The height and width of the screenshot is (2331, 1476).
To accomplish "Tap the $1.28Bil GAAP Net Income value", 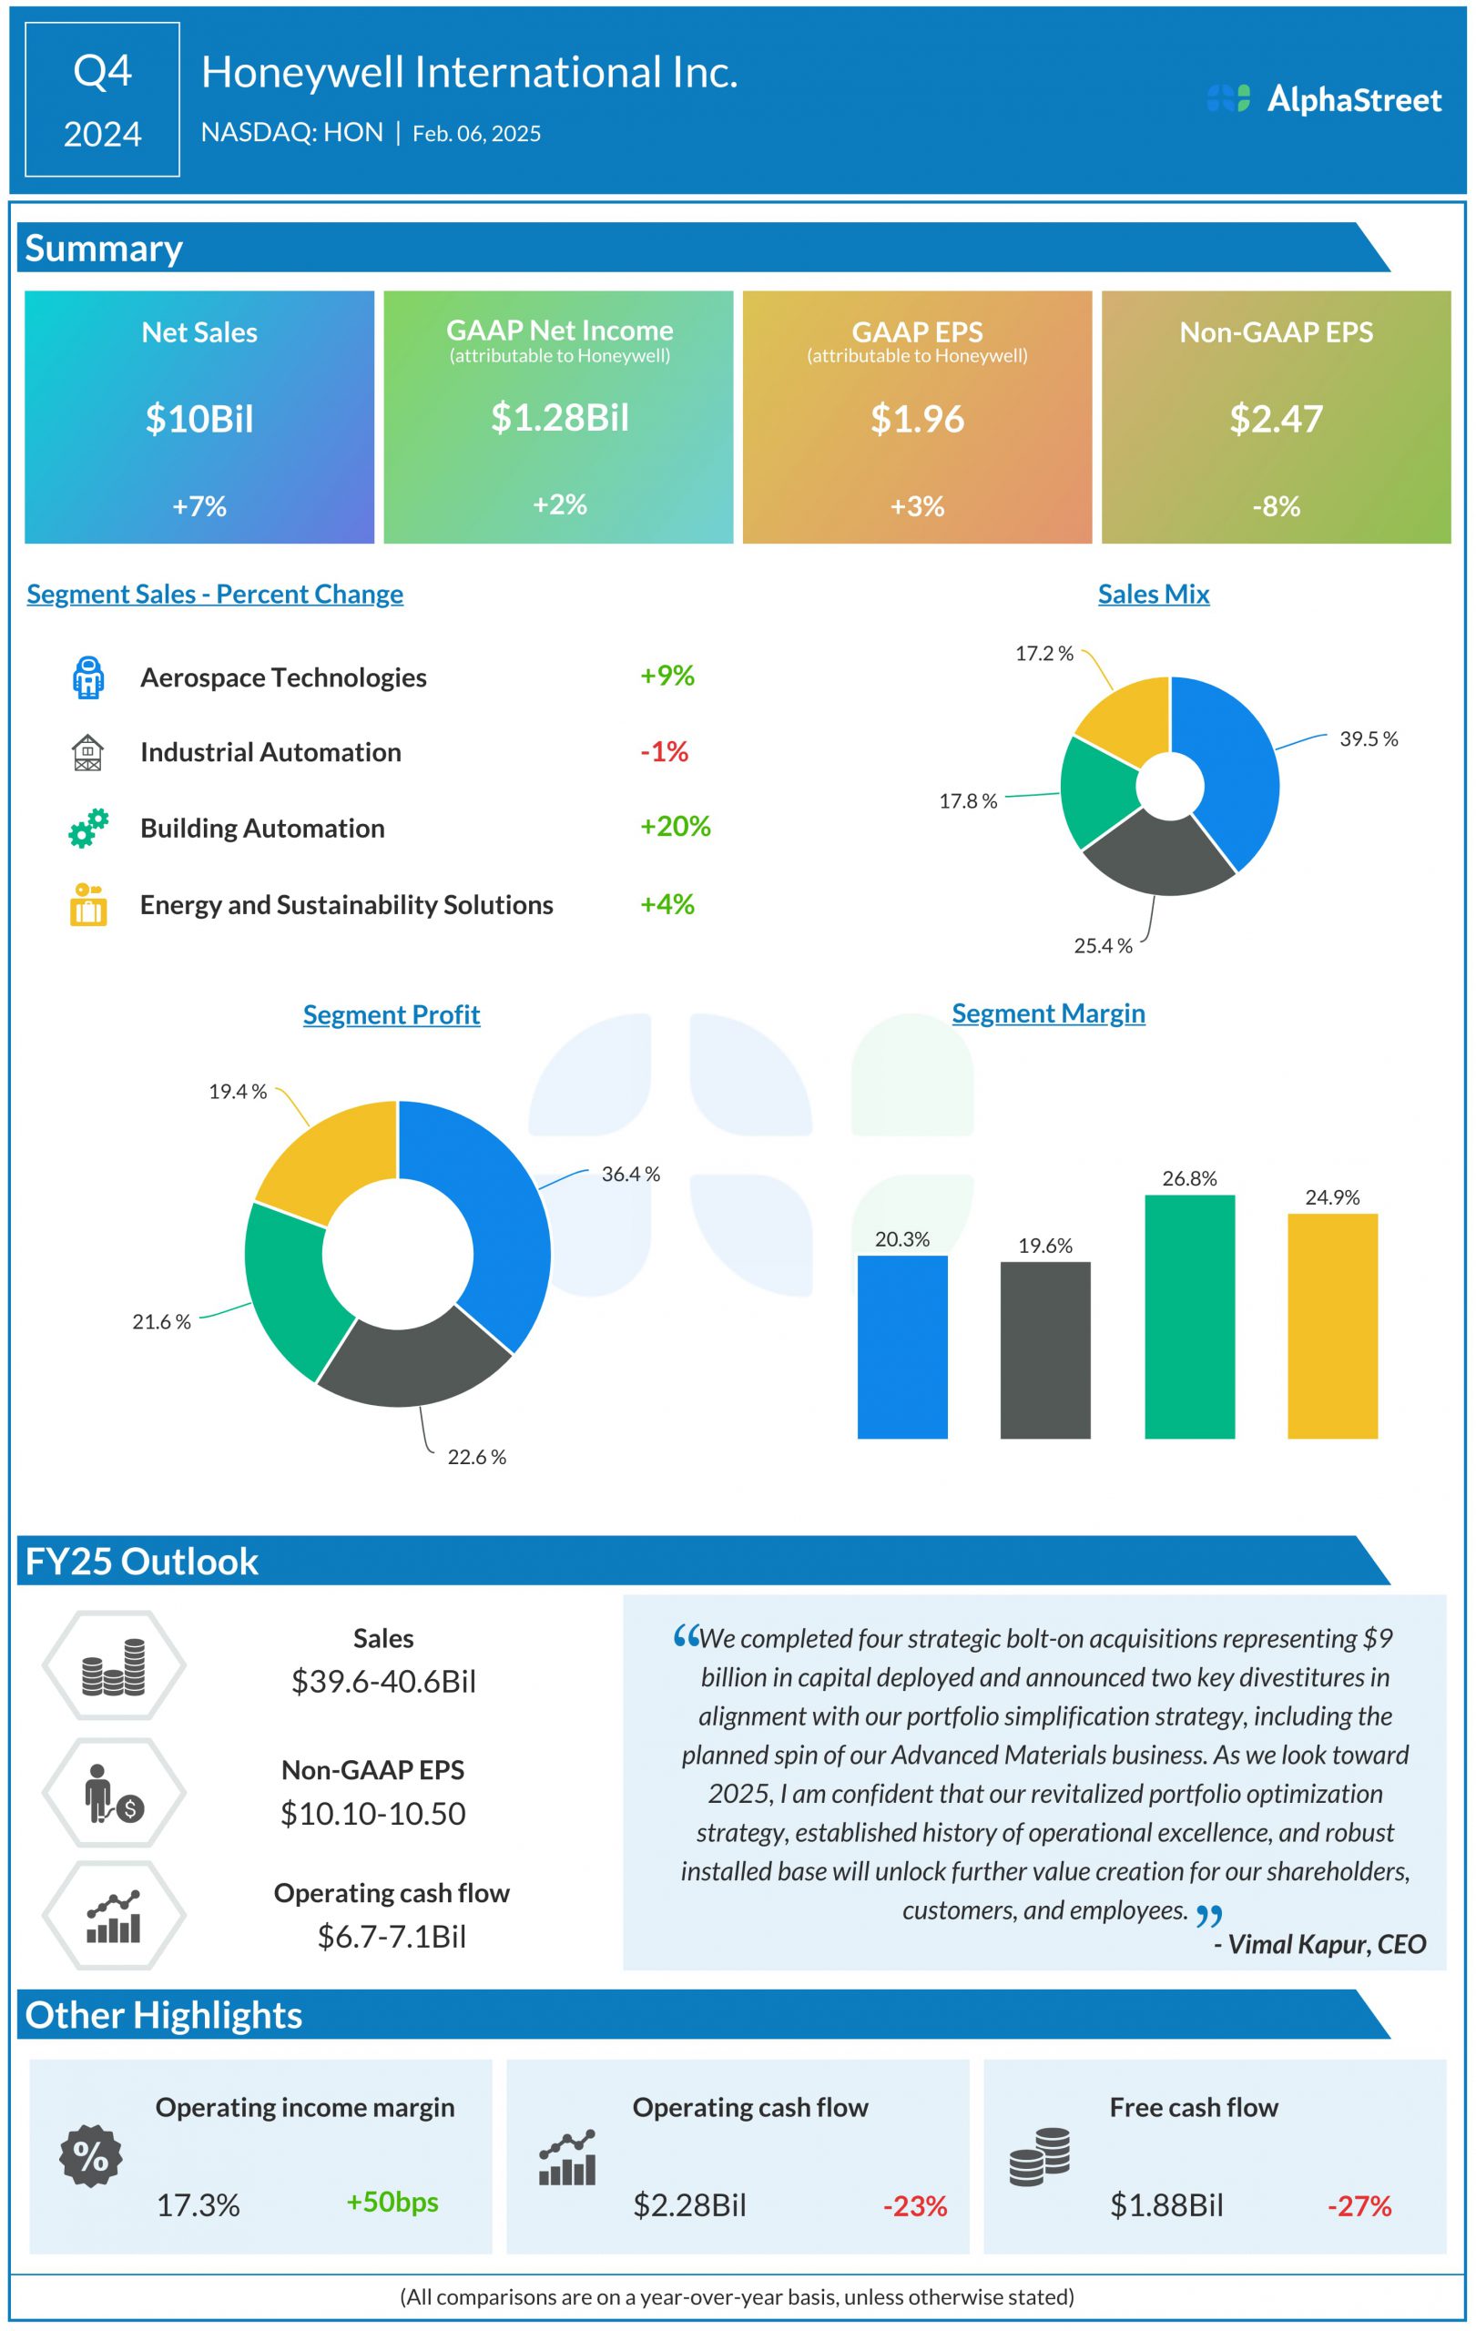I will [559, 417].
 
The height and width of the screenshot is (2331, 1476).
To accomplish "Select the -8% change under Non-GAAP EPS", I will [1276, 506].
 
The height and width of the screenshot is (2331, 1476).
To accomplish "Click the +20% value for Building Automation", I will [675, 827].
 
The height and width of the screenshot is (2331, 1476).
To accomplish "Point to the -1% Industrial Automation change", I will [664, 751].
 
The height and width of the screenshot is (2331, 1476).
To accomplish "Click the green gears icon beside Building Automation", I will [88, 829].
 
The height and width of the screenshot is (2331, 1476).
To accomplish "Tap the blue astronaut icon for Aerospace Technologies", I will [88, 677].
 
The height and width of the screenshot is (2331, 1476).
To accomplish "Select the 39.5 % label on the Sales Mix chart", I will [1368, 739].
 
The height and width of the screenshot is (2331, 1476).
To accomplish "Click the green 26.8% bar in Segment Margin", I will [1189, 1317].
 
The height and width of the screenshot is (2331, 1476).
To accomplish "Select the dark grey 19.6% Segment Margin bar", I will [1045, 1350].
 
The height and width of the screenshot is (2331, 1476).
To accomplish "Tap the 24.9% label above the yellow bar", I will [1332, 1197].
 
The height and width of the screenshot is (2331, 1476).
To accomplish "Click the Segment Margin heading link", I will [1048, 1013].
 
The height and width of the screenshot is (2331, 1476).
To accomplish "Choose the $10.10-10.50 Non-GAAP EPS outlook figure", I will [372, 1813].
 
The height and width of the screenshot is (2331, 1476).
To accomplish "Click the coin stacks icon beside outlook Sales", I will [113, 1666].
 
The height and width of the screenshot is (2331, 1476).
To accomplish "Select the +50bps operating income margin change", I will [392, 2202].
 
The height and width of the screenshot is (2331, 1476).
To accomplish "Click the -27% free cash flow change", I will [1359, 2206].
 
